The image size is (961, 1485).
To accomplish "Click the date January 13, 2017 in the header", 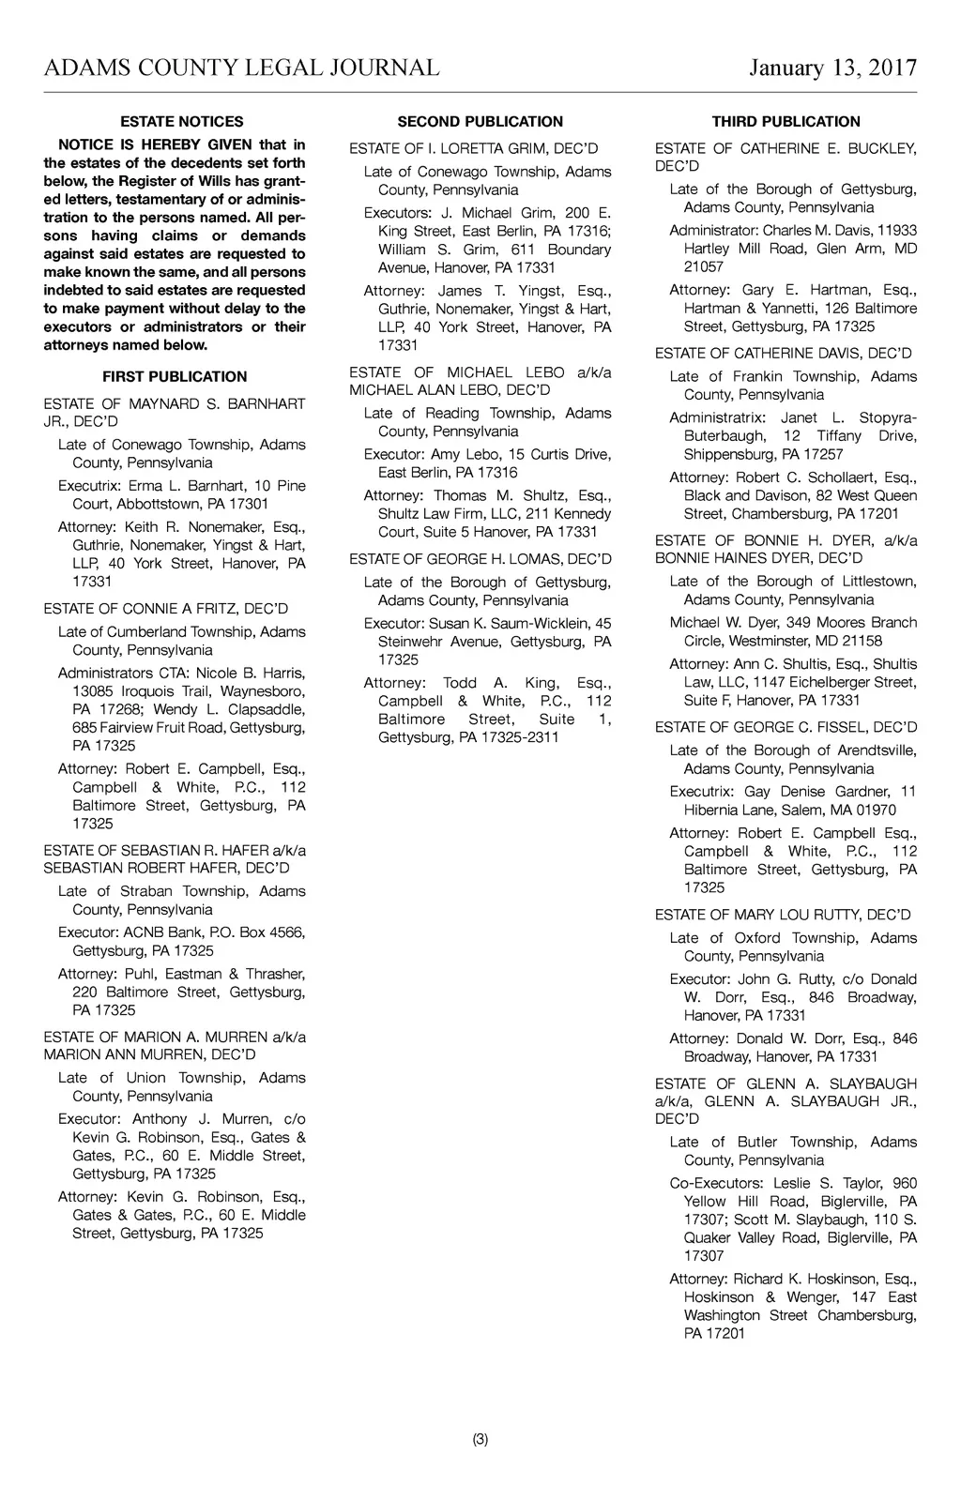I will tap(832, 68).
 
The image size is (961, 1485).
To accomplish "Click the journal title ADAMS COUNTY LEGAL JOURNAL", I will tap(241, 68).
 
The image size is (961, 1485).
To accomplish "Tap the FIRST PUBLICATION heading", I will tap(175, 377).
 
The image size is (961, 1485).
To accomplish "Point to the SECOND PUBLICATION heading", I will tap(480, 122).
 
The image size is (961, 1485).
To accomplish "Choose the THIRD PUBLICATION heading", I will tap(786, 122).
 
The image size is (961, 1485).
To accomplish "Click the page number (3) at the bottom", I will tap(480, 1440).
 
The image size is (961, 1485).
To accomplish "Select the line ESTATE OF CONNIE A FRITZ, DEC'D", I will tap(166, 609).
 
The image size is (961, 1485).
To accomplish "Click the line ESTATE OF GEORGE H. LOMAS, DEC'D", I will tap(480, 559).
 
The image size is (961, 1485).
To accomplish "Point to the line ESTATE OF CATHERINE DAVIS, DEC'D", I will tap(783, 354).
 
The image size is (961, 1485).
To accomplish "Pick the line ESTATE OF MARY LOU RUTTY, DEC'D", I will tap(783, 915).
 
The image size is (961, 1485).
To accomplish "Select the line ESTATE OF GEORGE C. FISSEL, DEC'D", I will tap(786, 727).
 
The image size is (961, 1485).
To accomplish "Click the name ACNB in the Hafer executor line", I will tap(145, 932).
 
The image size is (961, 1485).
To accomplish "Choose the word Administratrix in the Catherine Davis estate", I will tap(714, 418).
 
